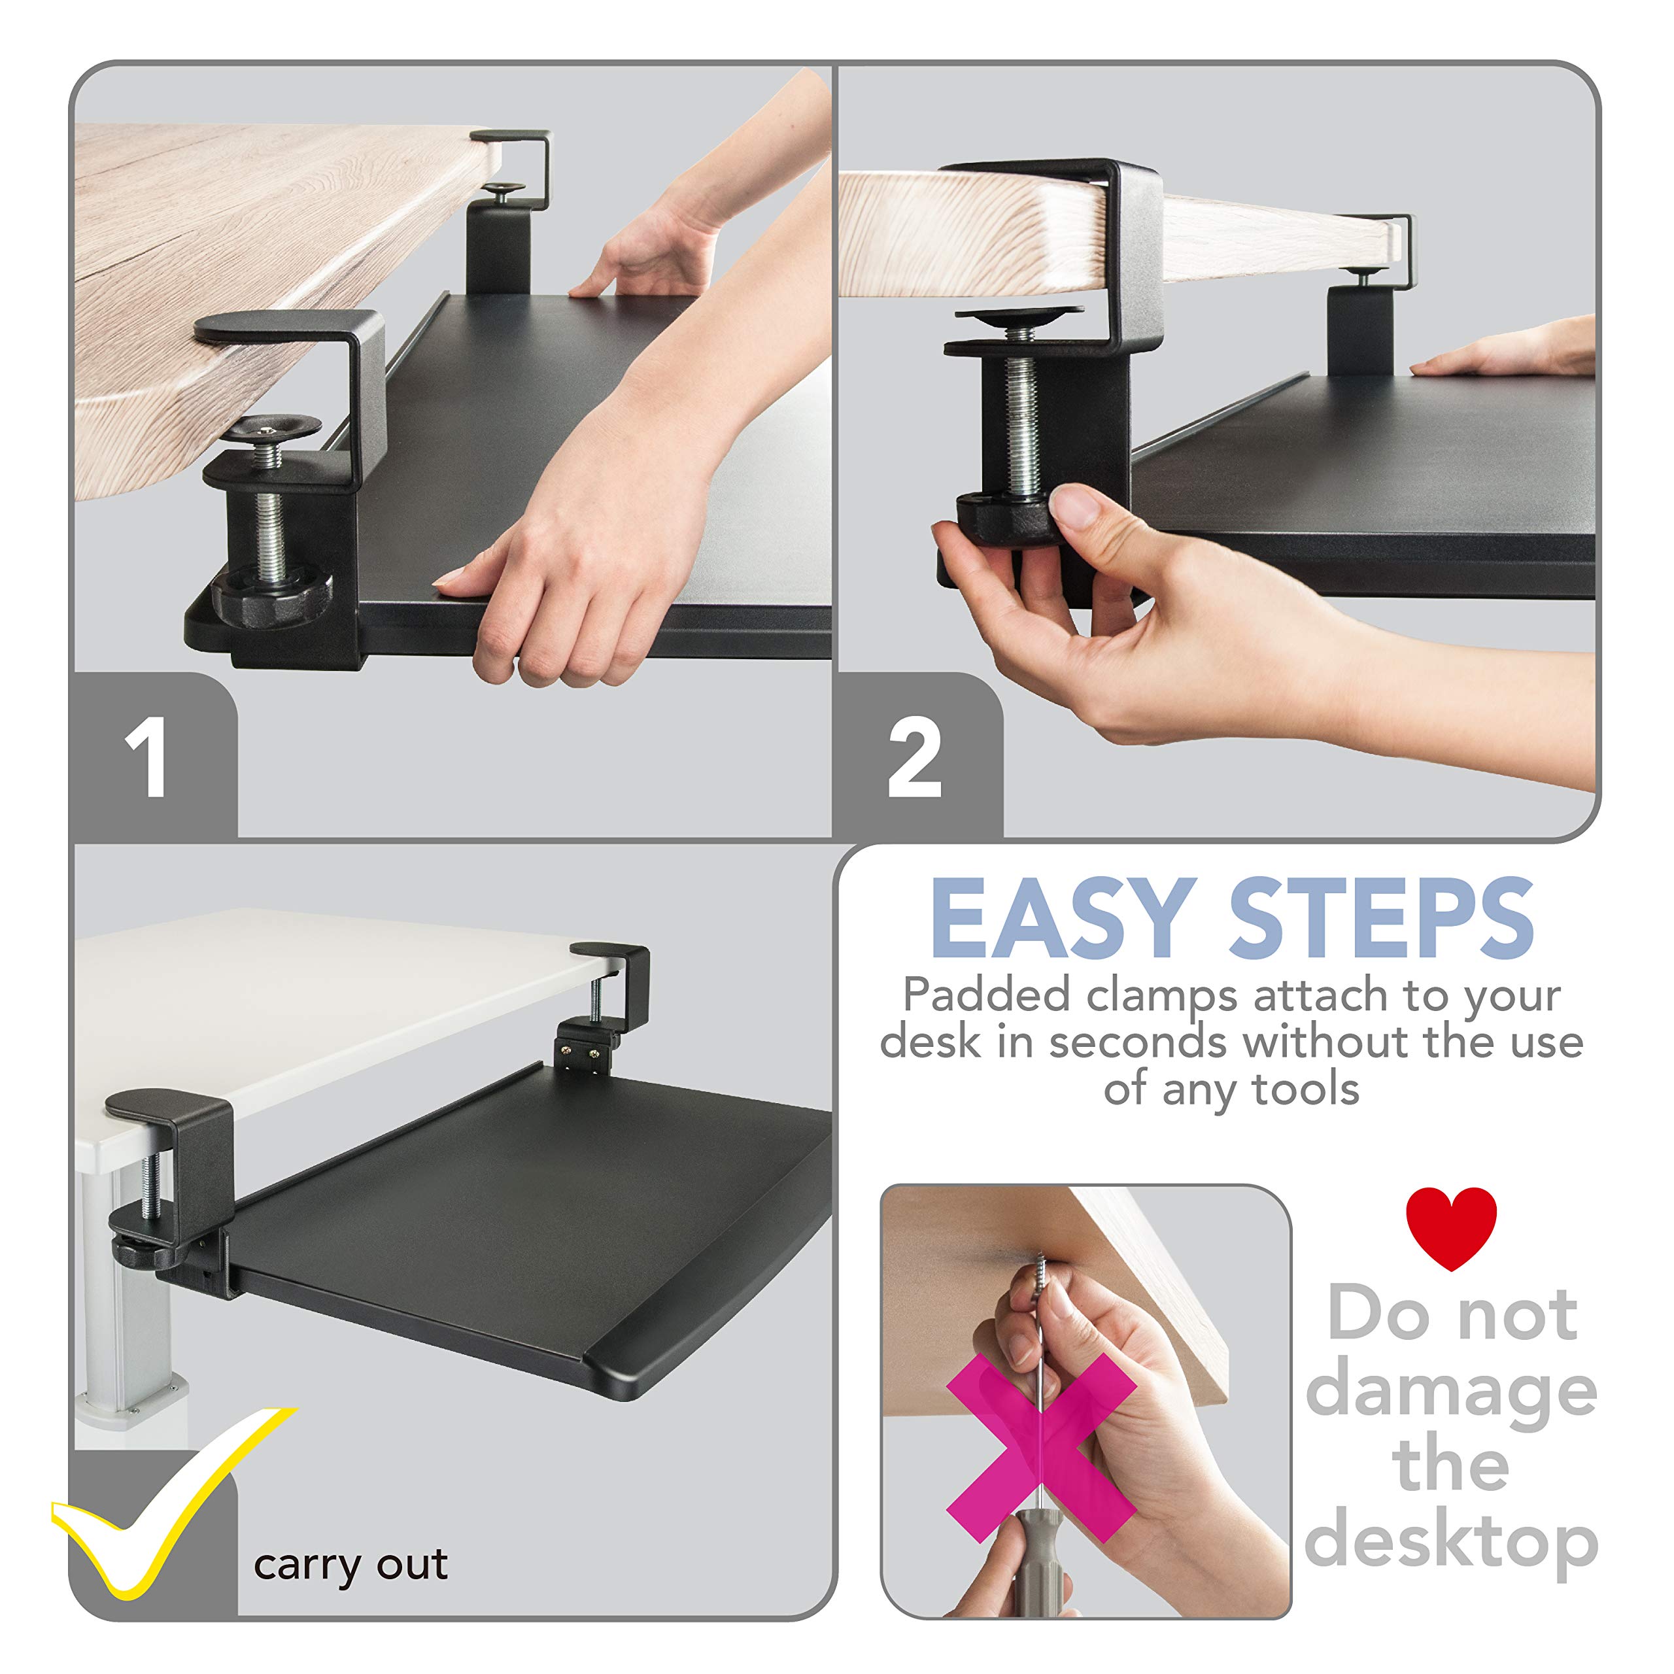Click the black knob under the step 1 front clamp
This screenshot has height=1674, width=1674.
coord(270,598)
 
